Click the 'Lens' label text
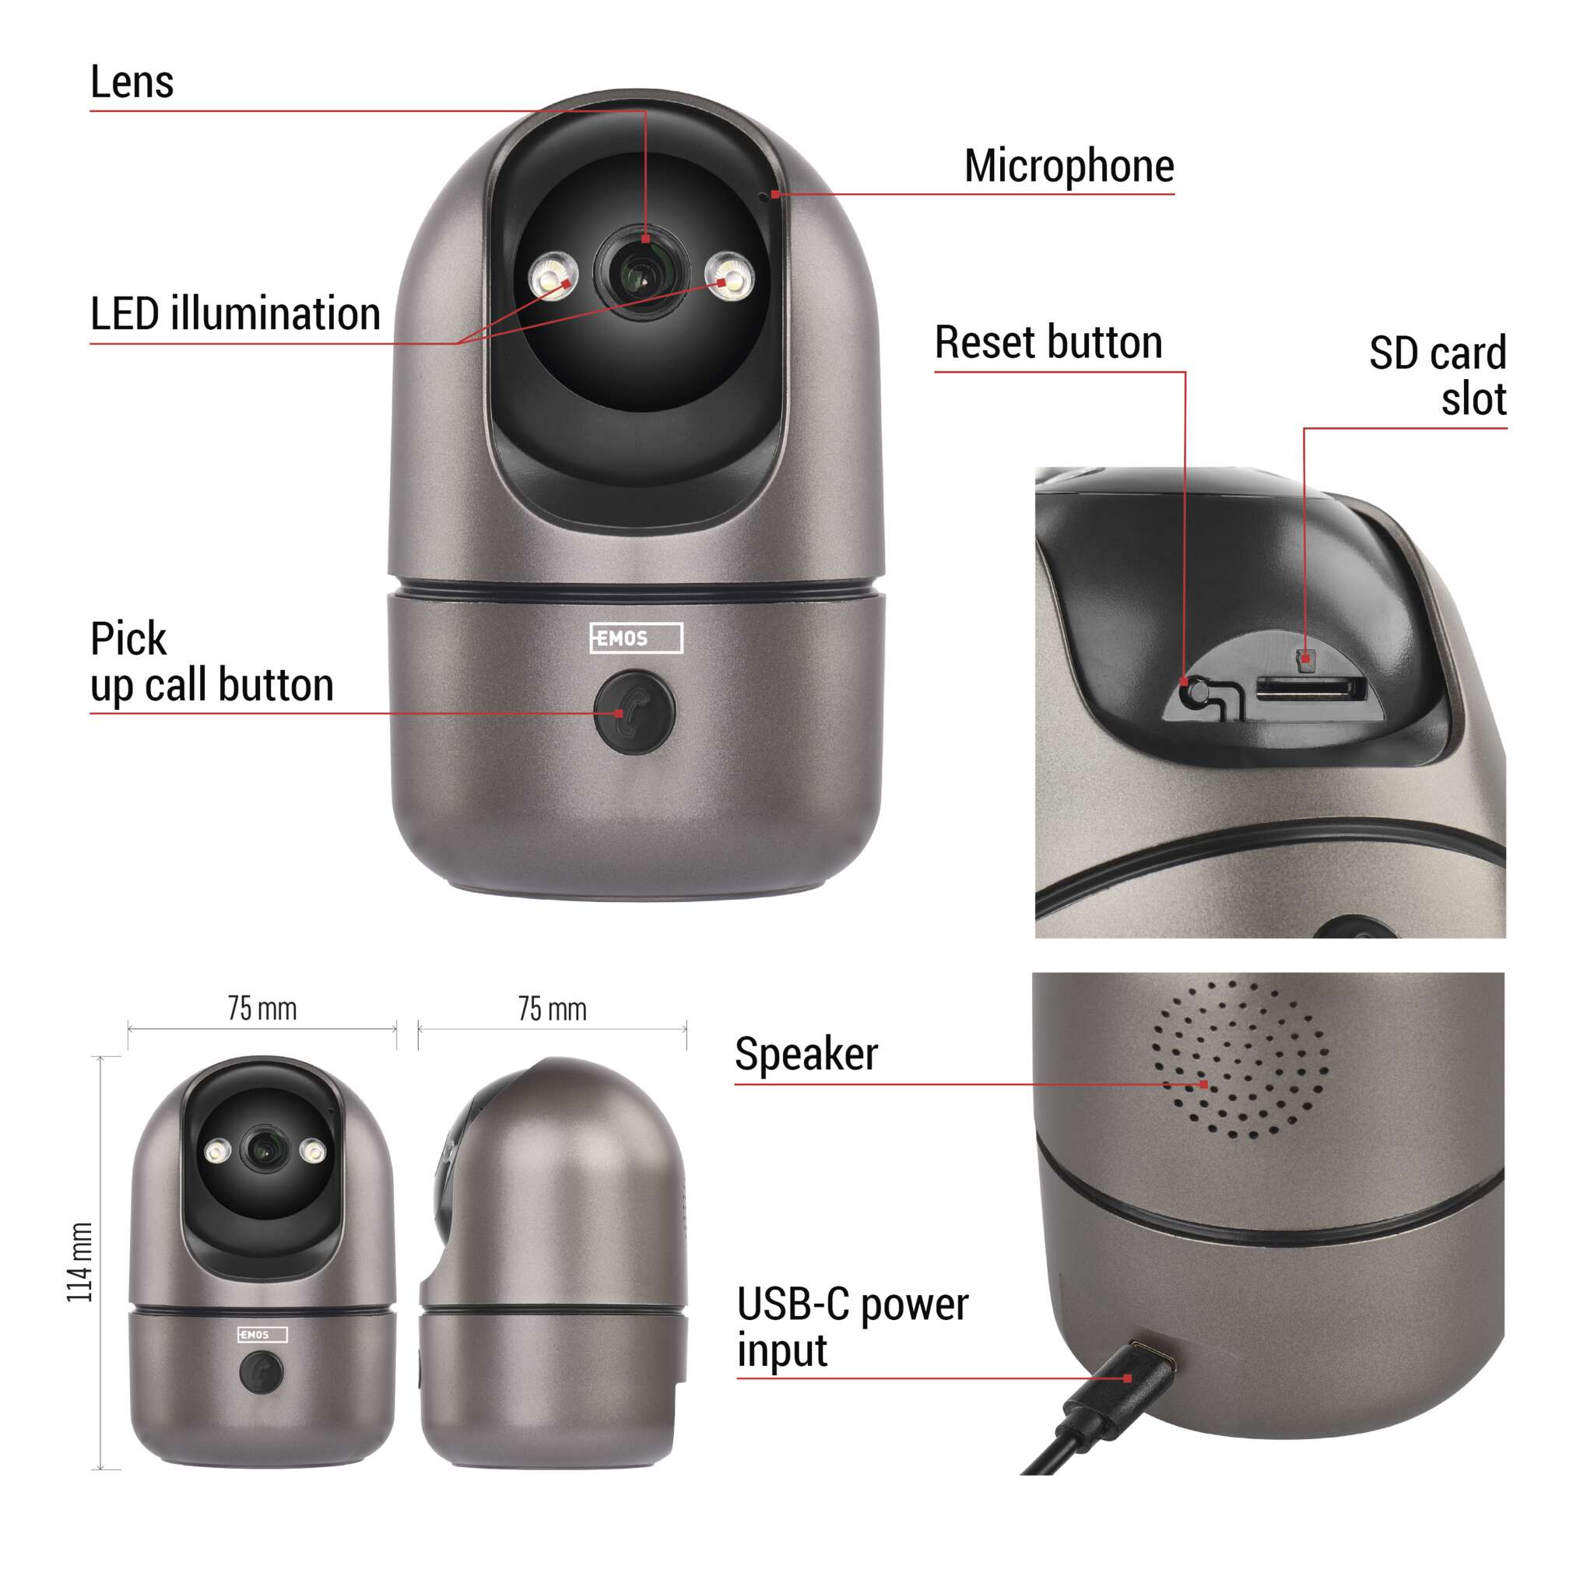(132, 83)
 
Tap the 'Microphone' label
(1069, 167)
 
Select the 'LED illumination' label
(235, 314)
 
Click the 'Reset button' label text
(1048, 342)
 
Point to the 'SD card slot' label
(1438, 375)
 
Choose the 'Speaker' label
(806, 1055)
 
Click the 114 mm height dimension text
(80, 1263)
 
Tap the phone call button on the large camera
(634, 713)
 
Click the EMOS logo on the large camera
(636, 637)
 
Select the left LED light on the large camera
(553, 277)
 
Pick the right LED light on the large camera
(730, 276)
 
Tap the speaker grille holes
(1240, 1060)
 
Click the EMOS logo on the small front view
(262, 1335)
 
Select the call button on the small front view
(261, 1373)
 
